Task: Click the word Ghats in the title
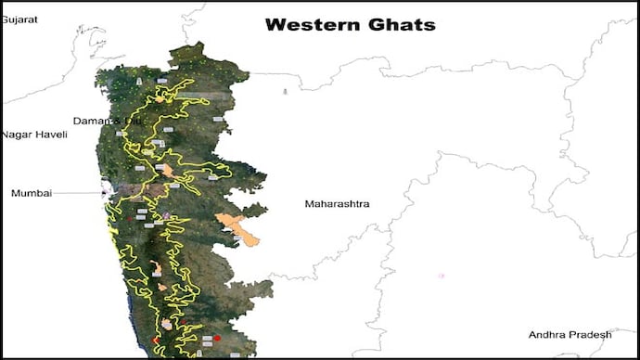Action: (x=401, y=25)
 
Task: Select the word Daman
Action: (x=92, y=122)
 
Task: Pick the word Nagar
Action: (x=17, y=135)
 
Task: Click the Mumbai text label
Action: (x=32, y=193)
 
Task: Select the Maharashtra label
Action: (x=338, y=203)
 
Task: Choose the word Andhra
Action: (x=547, y=334)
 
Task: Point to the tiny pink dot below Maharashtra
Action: (x=441, y=276)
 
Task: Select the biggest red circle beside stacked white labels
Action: (x=216, y=339)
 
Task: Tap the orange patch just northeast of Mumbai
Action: (x=167, y=171)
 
